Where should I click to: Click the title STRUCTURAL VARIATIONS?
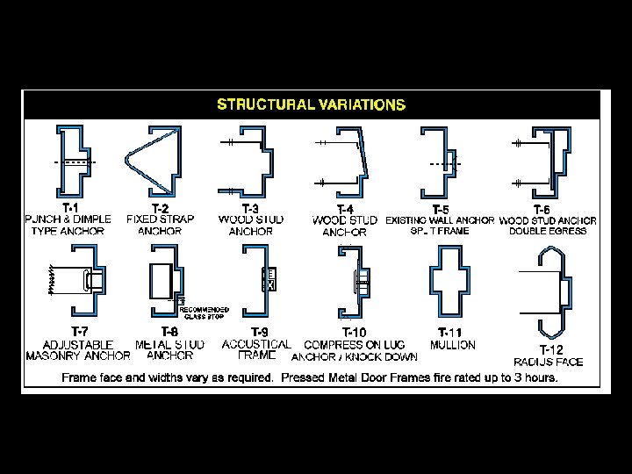point(311,104)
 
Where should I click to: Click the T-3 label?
point(250,208)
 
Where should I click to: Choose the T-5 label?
point(441,209)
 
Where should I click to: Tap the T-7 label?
point(79,331)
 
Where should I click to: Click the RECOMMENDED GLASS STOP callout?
point(205,312)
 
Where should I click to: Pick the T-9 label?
point(260,332)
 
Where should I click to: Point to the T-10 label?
point(354,333)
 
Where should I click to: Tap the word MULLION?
point(452,345)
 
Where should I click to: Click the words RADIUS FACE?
point(549,362)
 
